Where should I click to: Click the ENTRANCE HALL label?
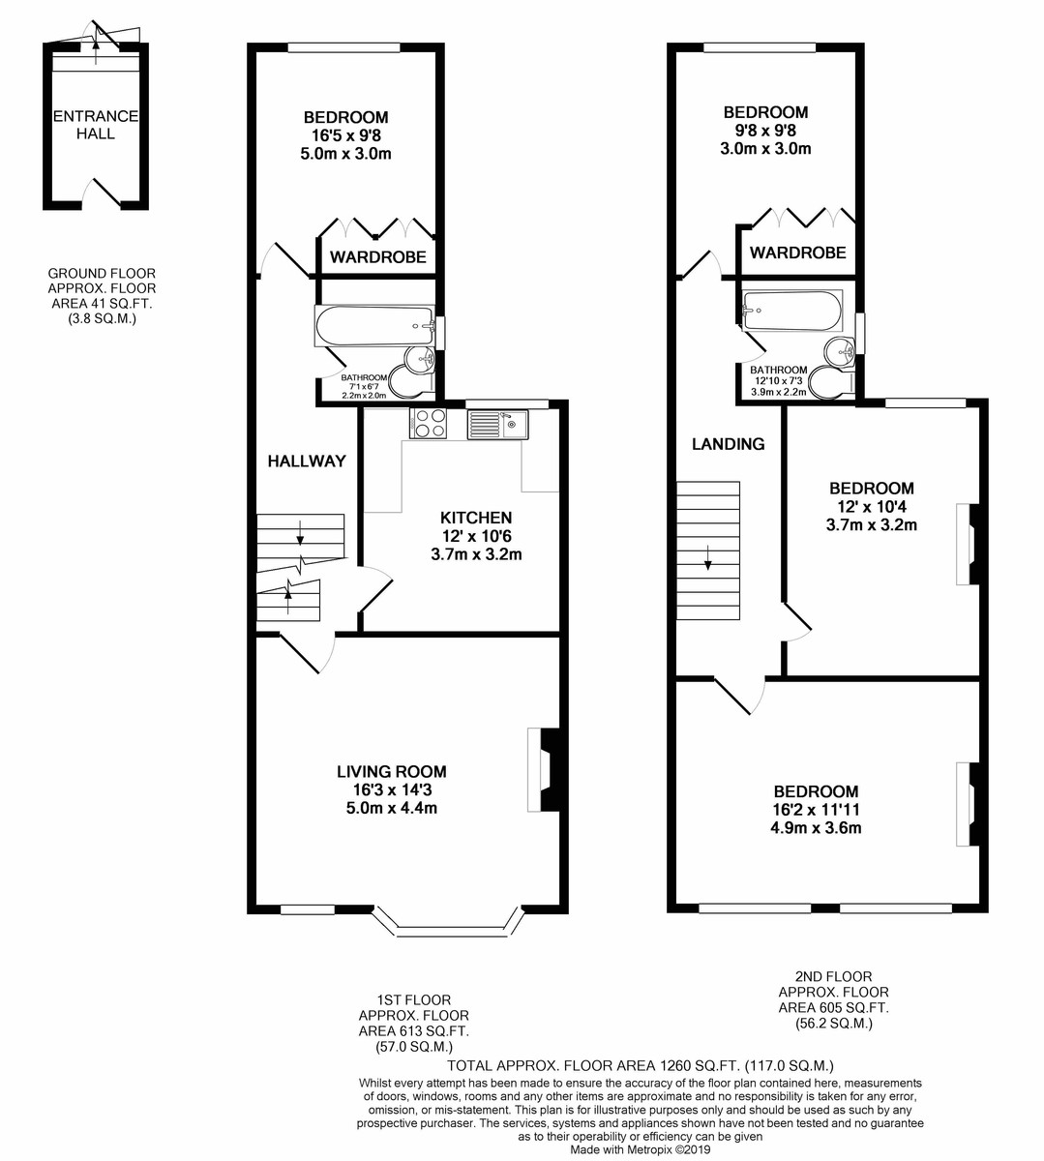pos(96,125)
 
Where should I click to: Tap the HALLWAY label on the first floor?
pos(307,461)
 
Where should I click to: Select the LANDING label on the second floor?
pos(728,444)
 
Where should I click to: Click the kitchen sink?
pos(498,424)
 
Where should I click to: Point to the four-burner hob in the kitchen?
pos(428,423)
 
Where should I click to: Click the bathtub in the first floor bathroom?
pos(374,326)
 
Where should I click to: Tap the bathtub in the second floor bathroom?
pos(792,311)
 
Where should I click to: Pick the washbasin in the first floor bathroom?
pos(420,360)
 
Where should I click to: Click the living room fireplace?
pos(543,770)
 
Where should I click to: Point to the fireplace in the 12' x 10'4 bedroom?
pos(967,544)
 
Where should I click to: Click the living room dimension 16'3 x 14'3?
pos(392,789)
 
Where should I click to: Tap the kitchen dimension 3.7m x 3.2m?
pos(476,553)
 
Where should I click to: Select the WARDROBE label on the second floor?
pos(797,253)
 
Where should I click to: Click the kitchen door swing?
pos(376,588)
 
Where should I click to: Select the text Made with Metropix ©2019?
pos(640,1149)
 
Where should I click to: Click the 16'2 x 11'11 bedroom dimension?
pos(816,809)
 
